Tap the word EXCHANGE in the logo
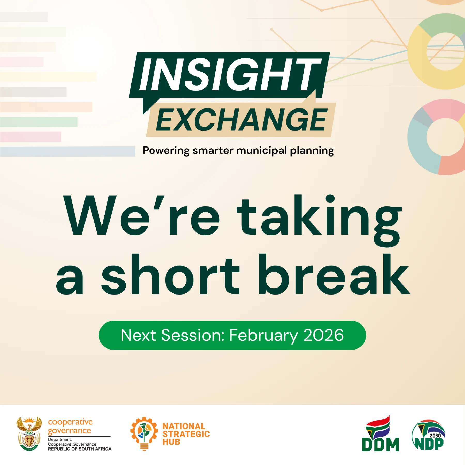[x=242, y=120]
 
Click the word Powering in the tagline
[x=166, y=151]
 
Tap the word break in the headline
[x=334, y=274]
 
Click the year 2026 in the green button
[x=323, y=335]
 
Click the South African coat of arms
[x=29, y=434]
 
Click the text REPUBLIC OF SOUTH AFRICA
[x=80, y=449]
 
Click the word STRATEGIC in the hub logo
[x=186, y=434]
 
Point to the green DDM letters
[x=380, y=445]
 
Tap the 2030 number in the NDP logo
[x=435, y=436]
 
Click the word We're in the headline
[x=142, y=215]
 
